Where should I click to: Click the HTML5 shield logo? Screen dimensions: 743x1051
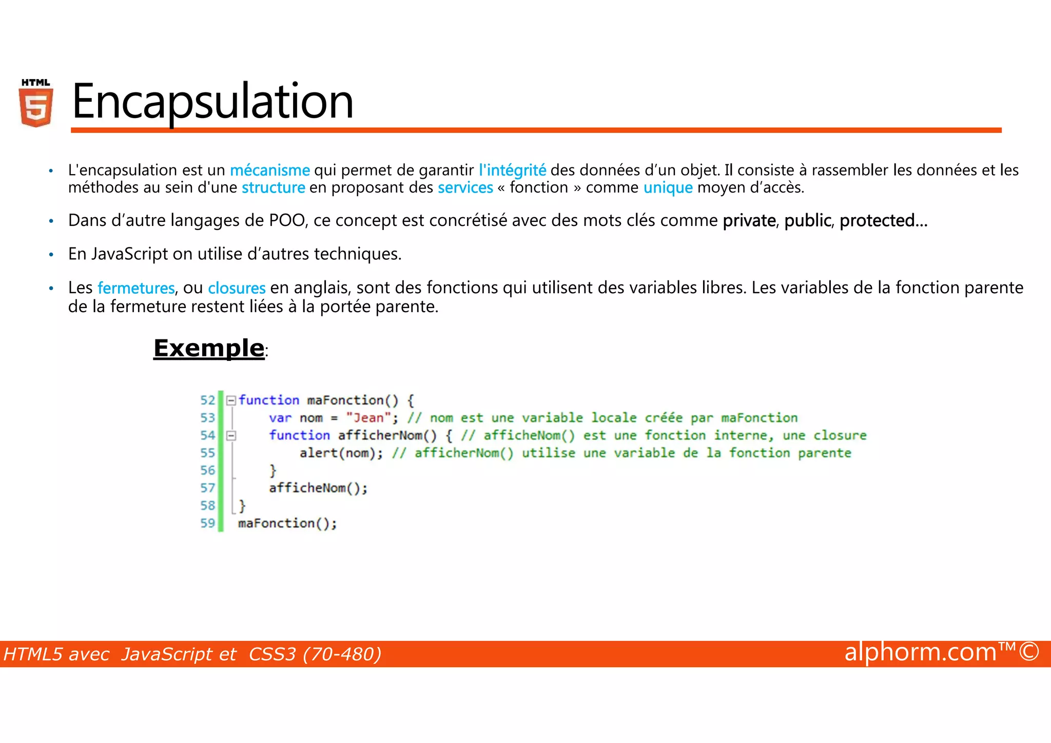pyautogui.click(x=36, y=104)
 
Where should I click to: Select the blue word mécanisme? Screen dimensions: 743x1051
pyautogui.click(x=269, y=170)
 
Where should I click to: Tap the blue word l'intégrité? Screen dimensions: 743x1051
pyautogui.click(x=512, y=170)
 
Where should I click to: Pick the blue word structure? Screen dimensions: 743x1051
pyautogui.click(x=273, y=187)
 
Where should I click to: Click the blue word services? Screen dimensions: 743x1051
pyautogui.click(x=465, y=187)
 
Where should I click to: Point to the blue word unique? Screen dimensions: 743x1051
pyautogui.click(x=668, y=187)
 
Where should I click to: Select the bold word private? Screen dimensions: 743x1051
pyautogui.click(x=749, y=220)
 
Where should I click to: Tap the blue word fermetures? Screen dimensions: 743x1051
pyautogui.click(x=136, y=288)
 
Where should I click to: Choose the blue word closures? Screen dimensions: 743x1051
pyautogui.click(x=237, y=288)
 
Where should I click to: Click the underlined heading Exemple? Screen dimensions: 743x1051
pyautogui.click(x=209, y=348)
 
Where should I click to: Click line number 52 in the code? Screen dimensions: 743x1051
pyautogui.click(x=207, y=400)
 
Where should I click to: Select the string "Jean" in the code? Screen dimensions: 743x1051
pyautogui.click(x=368, y=418)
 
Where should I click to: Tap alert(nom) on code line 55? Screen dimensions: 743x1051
pyautogui.click(x=340, y=453)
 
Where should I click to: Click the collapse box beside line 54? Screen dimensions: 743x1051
pyautogui.click(x=231, y=435)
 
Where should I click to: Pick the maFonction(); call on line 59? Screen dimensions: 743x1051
pyautogui.click(x=287, y=523)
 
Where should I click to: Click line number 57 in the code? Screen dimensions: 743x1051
pyautogui.click(x=207, y=488)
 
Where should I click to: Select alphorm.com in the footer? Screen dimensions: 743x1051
pyautogui.click(x=920, y=652)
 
